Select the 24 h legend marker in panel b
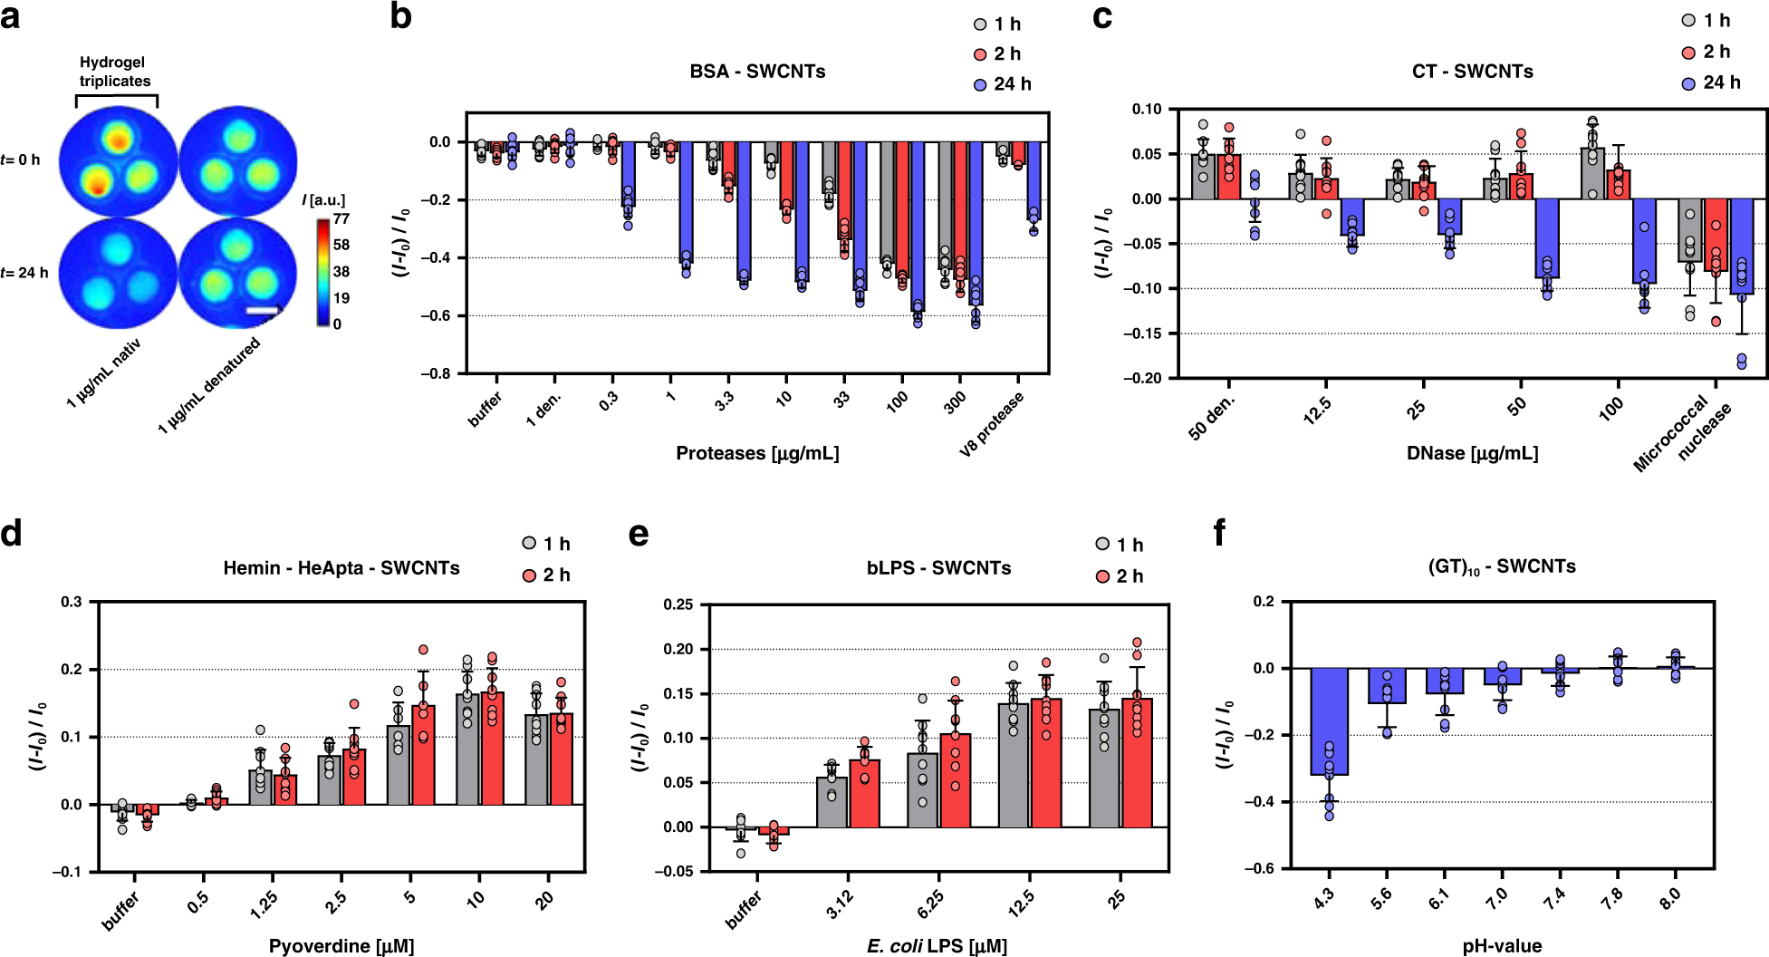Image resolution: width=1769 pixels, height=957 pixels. point(980,84)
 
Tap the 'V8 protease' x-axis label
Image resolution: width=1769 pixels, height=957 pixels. point(993,423)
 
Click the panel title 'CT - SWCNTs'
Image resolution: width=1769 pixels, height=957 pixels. point(1472,72)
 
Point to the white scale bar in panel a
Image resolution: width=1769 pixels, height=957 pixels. point(262,312)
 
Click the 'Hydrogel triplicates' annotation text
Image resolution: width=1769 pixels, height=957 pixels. point(114,72)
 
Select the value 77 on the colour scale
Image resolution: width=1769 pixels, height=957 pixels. point(341,218)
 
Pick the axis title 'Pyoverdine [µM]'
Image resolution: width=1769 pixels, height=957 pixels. point(341,946)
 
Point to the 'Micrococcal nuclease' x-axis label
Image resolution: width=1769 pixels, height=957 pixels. point(1682,434)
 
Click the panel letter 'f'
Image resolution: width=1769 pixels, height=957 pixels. point(1219,534)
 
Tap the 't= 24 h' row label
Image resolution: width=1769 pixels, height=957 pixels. point(24,273)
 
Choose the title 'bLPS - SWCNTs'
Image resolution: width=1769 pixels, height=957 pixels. point(938,568)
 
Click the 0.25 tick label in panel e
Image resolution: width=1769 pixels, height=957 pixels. point(678,604)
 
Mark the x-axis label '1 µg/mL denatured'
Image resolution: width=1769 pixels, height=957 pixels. point(209,385)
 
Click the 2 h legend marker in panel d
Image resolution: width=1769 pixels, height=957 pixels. point(530,575)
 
